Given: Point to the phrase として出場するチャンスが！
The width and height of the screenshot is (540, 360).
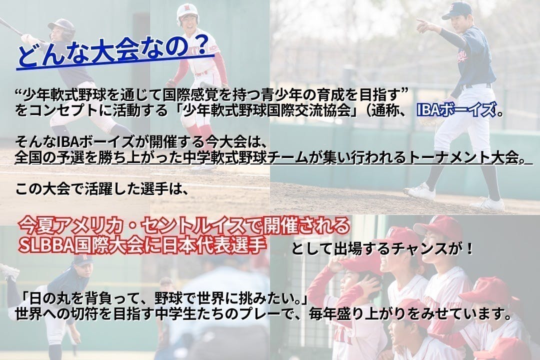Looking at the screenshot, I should (382, 248).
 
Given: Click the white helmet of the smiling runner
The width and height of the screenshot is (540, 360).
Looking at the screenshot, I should (187, 13).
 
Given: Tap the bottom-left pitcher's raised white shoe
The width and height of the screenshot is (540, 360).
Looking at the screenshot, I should (8, 271).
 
